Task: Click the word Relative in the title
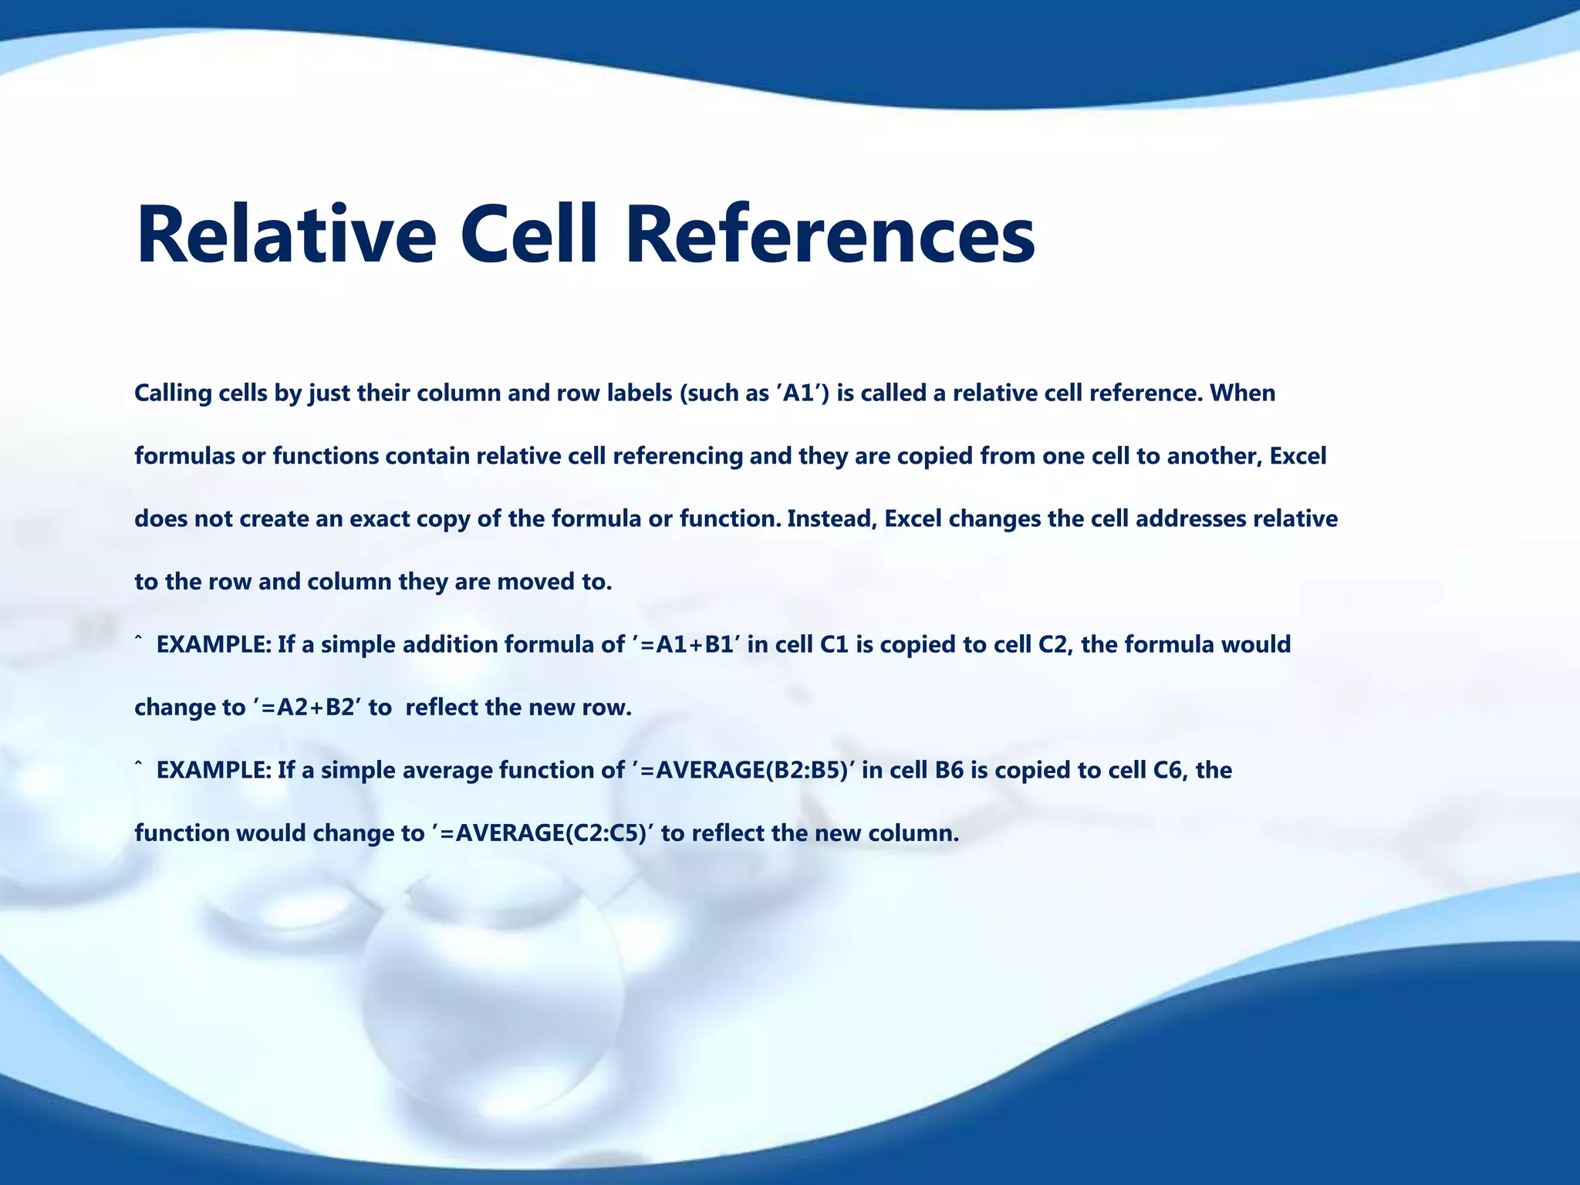pyautogui.click(x=286, y=235)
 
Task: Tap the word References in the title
pyautogui.click(x=830, y=235)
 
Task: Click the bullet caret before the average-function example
pyautogui.click(x=139, y=765)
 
